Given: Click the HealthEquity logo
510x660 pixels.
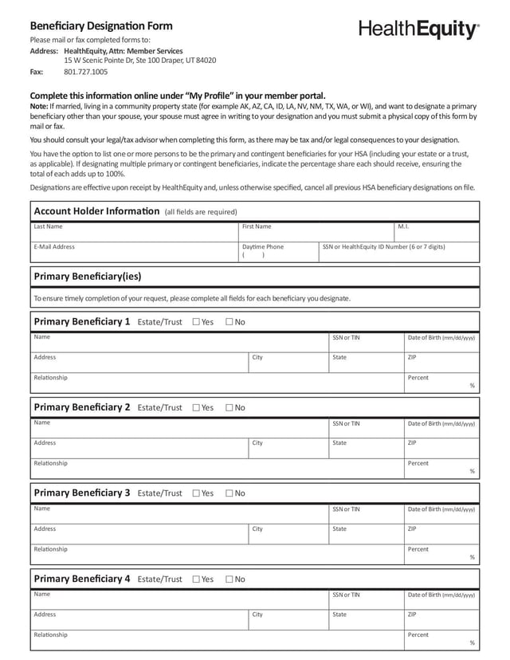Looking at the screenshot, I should point(419,29).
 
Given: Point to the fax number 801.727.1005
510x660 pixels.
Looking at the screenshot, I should point(85,72).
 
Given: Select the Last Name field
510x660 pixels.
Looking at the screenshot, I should point(134,232).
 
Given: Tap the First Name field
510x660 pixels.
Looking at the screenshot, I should point(316,232).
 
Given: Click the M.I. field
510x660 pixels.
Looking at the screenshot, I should point(436,232).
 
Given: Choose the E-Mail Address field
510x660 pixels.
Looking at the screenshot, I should point(134,253).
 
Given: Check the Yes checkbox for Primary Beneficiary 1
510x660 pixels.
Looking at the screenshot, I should point(196,322).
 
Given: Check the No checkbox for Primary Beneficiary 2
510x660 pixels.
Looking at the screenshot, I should point(229,407).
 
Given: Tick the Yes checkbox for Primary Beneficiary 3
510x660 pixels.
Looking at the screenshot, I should point(196,493).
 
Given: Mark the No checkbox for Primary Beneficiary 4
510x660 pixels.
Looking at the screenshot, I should point(229,579).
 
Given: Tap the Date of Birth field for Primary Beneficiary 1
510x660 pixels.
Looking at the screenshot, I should point(441,343).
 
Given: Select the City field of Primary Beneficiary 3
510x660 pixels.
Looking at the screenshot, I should point(288,534).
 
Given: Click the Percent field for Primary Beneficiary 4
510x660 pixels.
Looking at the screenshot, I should point(441,640).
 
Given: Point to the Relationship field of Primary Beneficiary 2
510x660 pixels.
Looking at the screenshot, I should point(217,468).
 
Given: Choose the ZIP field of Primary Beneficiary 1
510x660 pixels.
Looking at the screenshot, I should point(441,363).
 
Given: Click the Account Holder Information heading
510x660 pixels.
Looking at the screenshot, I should point(96,211).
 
